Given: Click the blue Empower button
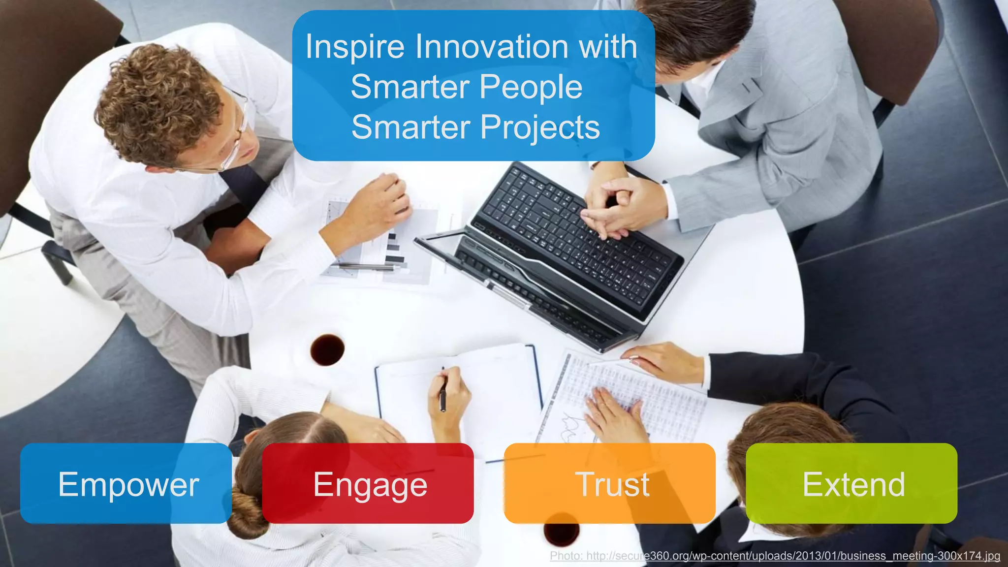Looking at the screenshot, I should click(126, 483).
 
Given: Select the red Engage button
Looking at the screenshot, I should click(368, 483).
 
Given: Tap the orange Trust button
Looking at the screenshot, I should click(610, 483).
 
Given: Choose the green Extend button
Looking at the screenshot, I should click(851, 483).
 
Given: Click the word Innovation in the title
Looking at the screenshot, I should click(492, 47).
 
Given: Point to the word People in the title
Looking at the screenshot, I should click(531, 87).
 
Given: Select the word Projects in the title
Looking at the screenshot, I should click(540, 127).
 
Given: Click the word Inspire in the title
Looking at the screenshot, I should click(355, 47).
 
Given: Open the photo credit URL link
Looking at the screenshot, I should click(775, 556).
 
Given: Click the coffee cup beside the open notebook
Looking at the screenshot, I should click(327, 349).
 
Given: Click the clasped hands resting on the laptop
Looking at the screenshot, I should click(615, 207).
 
